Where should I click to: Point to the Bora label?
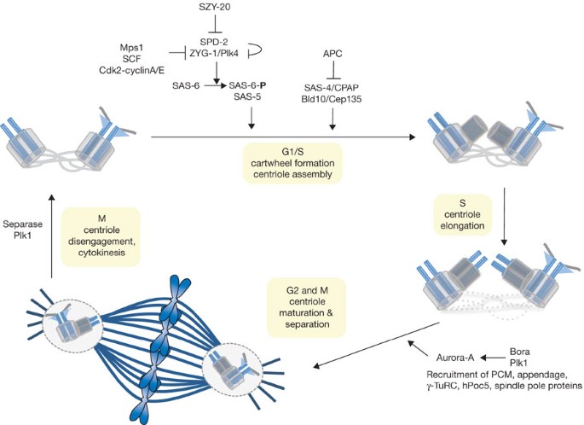pyautogui.click(x=520, y=352)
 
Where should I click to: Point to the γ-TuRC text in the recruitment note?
pyautogui.click(x=432, y=387)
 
